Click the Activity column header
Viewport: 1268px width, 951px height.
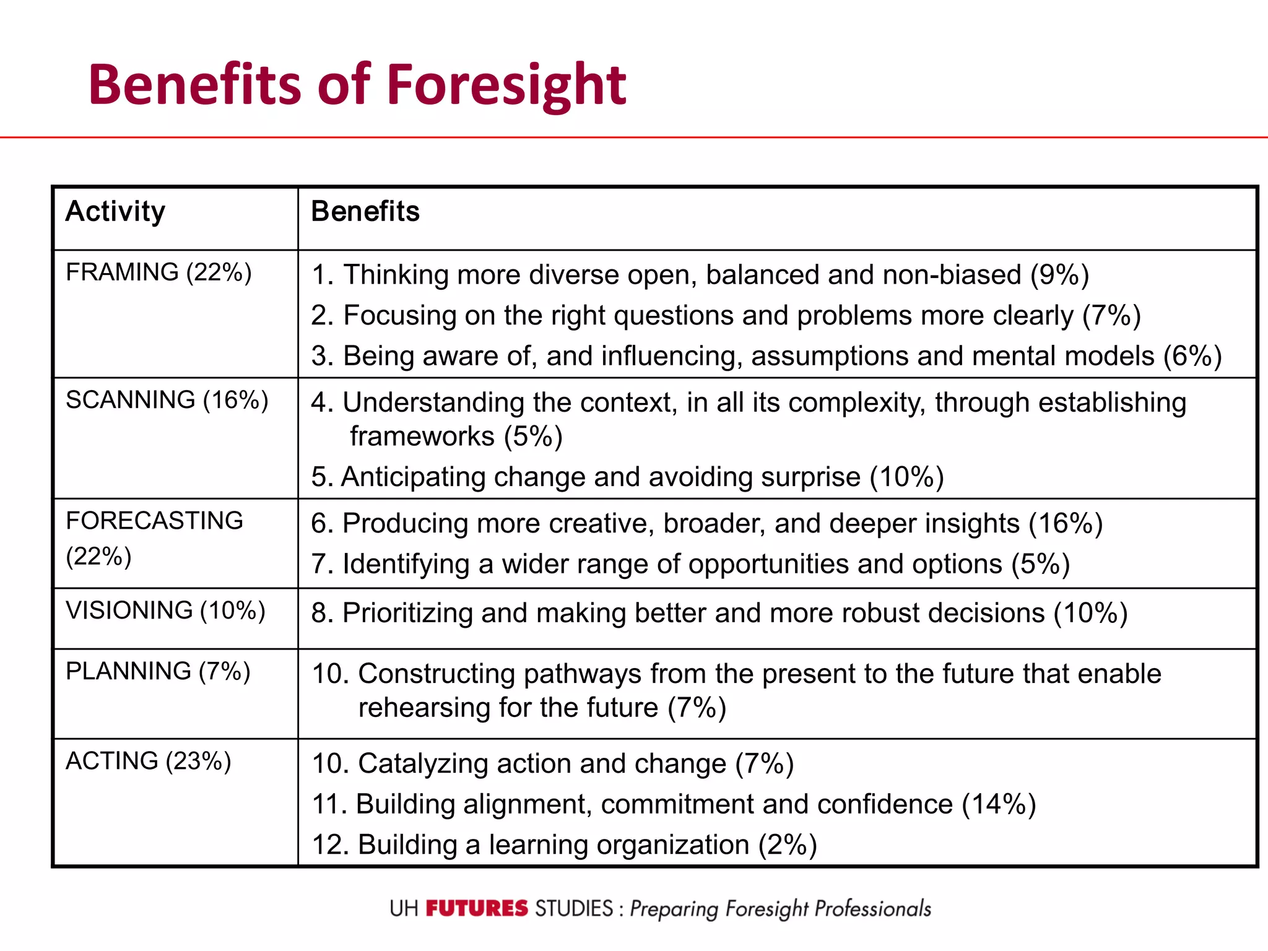click(x=116, y=212)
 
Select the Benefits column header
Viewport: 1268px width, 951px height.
click(x=365, y=211)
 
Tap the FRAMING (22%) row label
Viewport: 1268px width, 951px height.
click(x=158, y=272)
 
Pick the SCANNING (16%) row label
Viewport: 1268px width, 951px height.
click(x=167, y=400)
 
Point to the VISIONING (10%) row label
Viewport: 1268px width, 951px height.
click(x=165, y=610)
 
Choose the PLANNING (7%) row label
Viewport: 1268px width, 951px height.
click(x=158, y=671)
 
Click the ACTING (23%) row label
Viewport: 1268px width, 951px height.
click(x=149, y=761)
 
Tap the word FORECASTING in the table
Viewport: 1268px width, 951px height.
click(x=155, y=521)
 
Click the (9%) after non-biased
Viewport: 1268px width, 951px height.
click(x=1059, y=275)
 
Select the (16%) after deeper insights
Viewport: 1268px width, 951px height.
click(x=1066, y=524)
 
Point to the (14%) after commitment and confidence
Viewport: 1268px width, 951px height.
click(x=999, y=804)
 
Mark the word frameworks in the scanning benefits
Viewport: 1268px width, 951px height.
click(x=422, y=436)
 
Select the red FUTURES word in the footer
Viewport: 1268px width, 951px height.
click(x=477, y=909)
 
